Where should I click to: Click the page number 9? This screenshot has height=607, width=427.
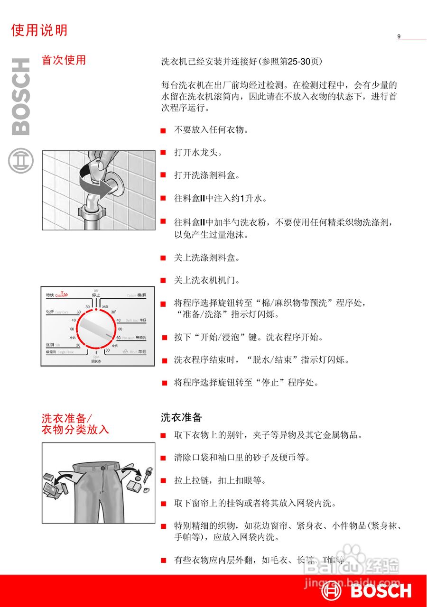pyautogui.click(x=399, y=37)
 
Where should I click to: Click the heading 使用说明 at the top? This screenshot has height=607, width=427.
pyautogui.click(x=39, y=30)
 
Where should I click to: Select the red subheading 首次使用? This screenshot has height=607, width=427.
pyautogui.click(x=64, y=60)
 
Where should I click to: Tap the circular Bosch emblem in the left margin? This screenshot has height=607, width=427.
pyautogui.click(x=20, y=161)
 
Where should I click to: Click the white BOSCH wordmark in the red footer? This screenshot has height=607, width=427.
pyautogui.click(x=381, y=591)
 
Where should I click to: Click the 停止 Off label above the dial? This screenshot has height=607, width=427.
pyautogui.click(x=96, y=293)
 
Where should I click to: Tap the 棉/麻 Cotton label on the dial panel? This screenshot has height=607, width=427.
pyautogui.click(x=137, y=295)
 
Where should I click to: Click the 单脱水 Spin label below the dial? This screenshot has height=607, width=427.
pyautogui.click(x=96, y=359)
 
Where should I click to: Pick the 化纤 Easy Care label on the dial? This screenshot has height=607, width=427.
pyautogui.click(x=57, y=312)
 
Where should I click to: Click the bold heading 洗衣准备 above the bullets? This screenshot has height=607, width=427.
pyautogui.click(x=182, y=417)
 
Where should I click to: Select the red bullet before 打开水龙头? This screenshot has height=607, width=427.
pyautogui.click(x=163, y=153)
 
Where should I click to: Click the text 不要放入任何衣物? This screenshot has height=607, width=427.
pyautogui.click(x=211, y=129)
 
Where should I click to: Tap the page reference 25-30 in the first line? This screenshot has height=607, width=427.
pyautogui.click(x=300, y=62)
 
